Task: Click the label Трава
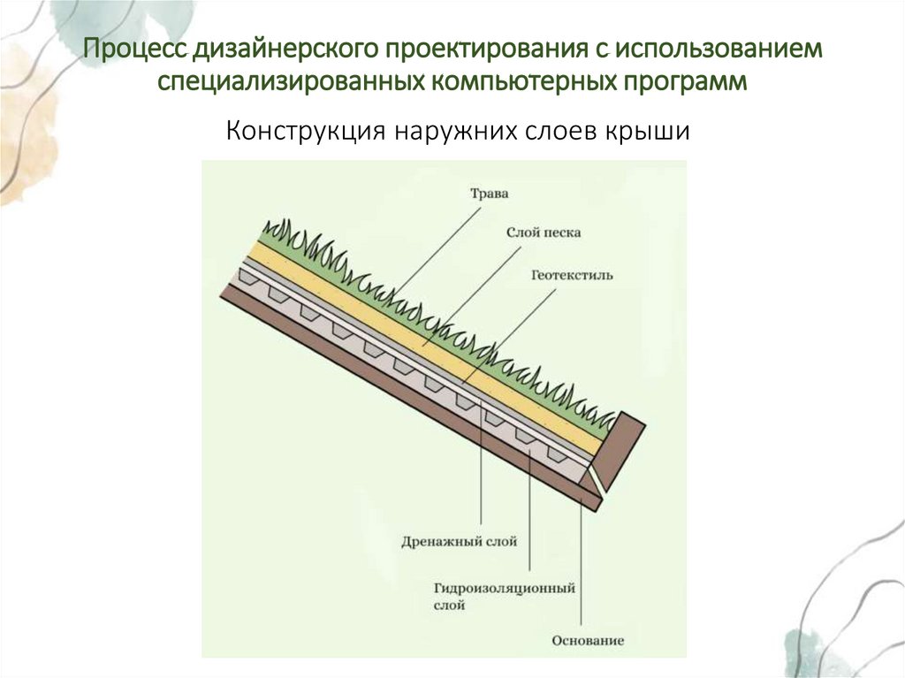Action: tap(489, 193)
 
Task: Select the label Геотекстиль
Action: tap(572, 275)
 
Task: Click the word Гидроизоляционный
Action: tap(505, 587)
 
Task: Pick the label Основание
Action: tap(588, 640)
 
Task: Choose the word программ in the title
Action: tap(693, 82)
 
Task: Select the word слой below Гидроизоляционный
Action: tap(449, 606)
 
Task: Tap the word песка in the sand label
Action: tap(560, 232)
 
